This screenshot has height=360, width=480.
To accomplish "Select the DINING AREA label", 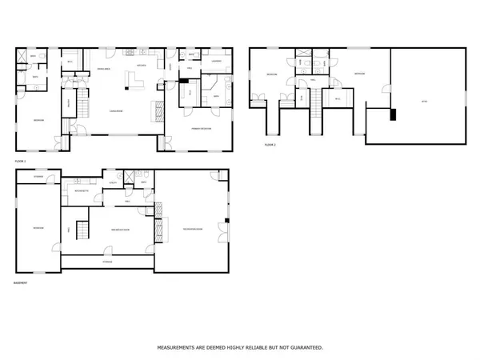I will point(103,70).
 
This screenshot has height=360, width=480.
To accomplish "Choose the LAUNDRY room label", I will point(216,61).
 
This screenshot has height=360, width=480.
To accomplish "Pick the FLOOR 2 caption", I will point(270,145).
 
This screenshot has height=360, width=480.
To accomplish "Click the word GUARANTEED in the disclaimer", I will point(305,348).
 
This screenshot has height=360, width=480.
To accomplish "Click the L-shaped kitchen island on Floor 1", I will point(135,81).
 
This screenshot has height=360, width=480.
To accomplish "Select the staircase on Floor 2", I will point(316,100).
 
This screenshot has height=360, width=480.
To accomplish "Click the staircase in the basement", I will point(81,227).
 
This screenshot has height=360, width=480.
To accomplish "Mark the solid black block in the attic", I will point(392,114).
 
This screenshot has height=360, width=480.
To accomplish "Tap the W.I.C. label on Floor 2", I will point(338,98).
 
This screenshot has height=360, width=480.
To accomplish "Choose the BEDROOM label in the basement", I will point(38,228).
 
